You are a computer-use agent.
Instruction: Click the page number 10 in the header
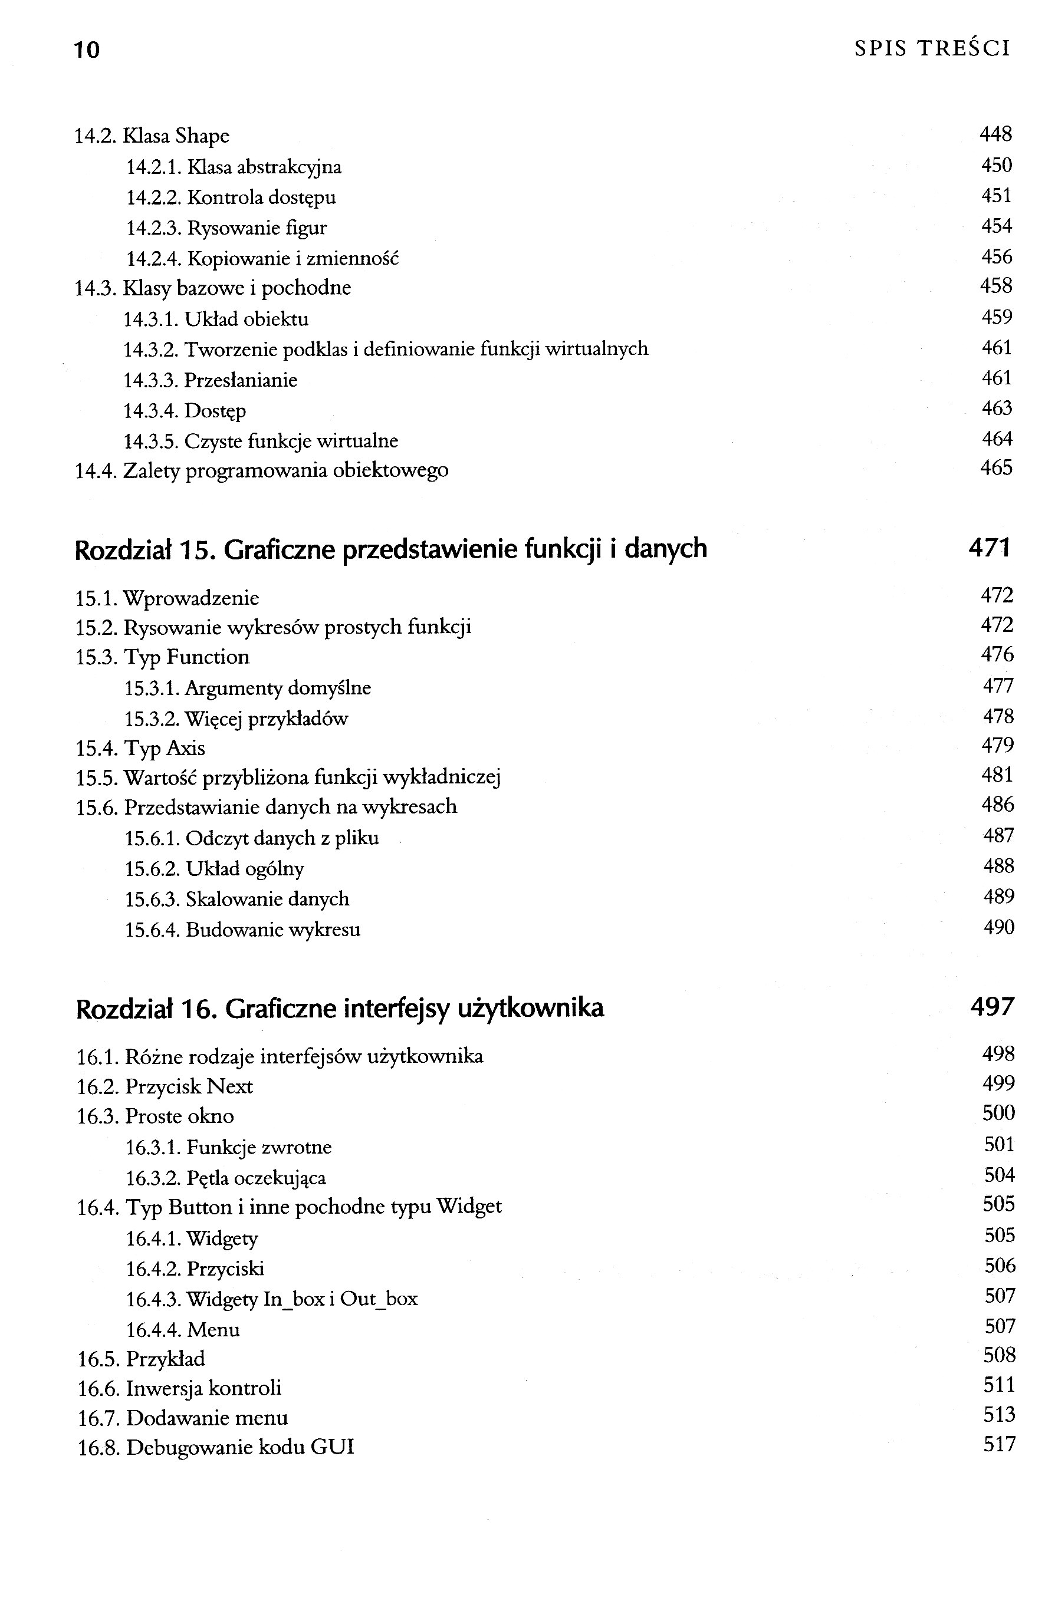tap(86, 49)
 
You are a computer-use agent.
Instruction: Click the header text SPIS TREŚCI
tap(932, 48)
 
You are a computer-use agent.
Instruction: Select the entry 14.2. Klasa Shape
tap(152, 137)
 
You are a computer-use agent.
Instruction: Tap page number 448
tap(995, 135)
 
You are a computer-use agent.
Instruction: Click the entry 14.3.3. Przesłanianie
tap(210, 380)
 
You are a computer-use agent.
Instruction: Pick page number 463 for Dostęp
tap(996, 409)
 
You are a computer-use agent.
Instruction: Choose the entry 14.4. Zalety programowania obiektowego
tap(261, 470)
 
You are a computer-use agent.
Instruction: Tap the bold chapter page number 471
tap(989, 548)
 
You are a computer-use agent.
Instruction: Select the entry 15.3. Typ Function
tap(162, 657)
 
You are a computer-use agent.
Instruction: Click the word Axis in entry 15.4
tap(185, 749)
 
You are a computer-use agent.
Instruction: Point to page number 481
tap(997, 776)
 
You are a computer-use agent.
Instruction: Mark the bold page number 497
tap(991, 1007)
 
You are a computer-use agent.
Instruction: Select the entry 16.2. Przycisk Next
tap(165, 1087)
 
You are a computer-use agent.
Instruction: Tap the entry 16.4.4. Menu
tap(182, 1330)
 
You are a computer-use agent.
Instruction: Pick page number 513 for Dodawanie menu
tap(998, 1415)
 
